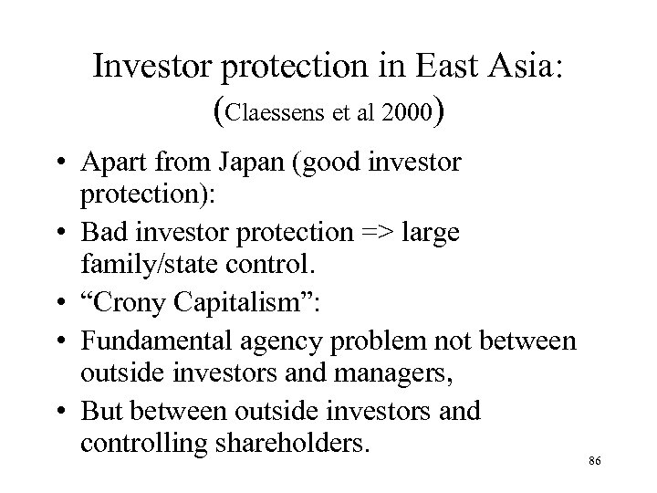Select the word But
(x=103, y=411)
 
